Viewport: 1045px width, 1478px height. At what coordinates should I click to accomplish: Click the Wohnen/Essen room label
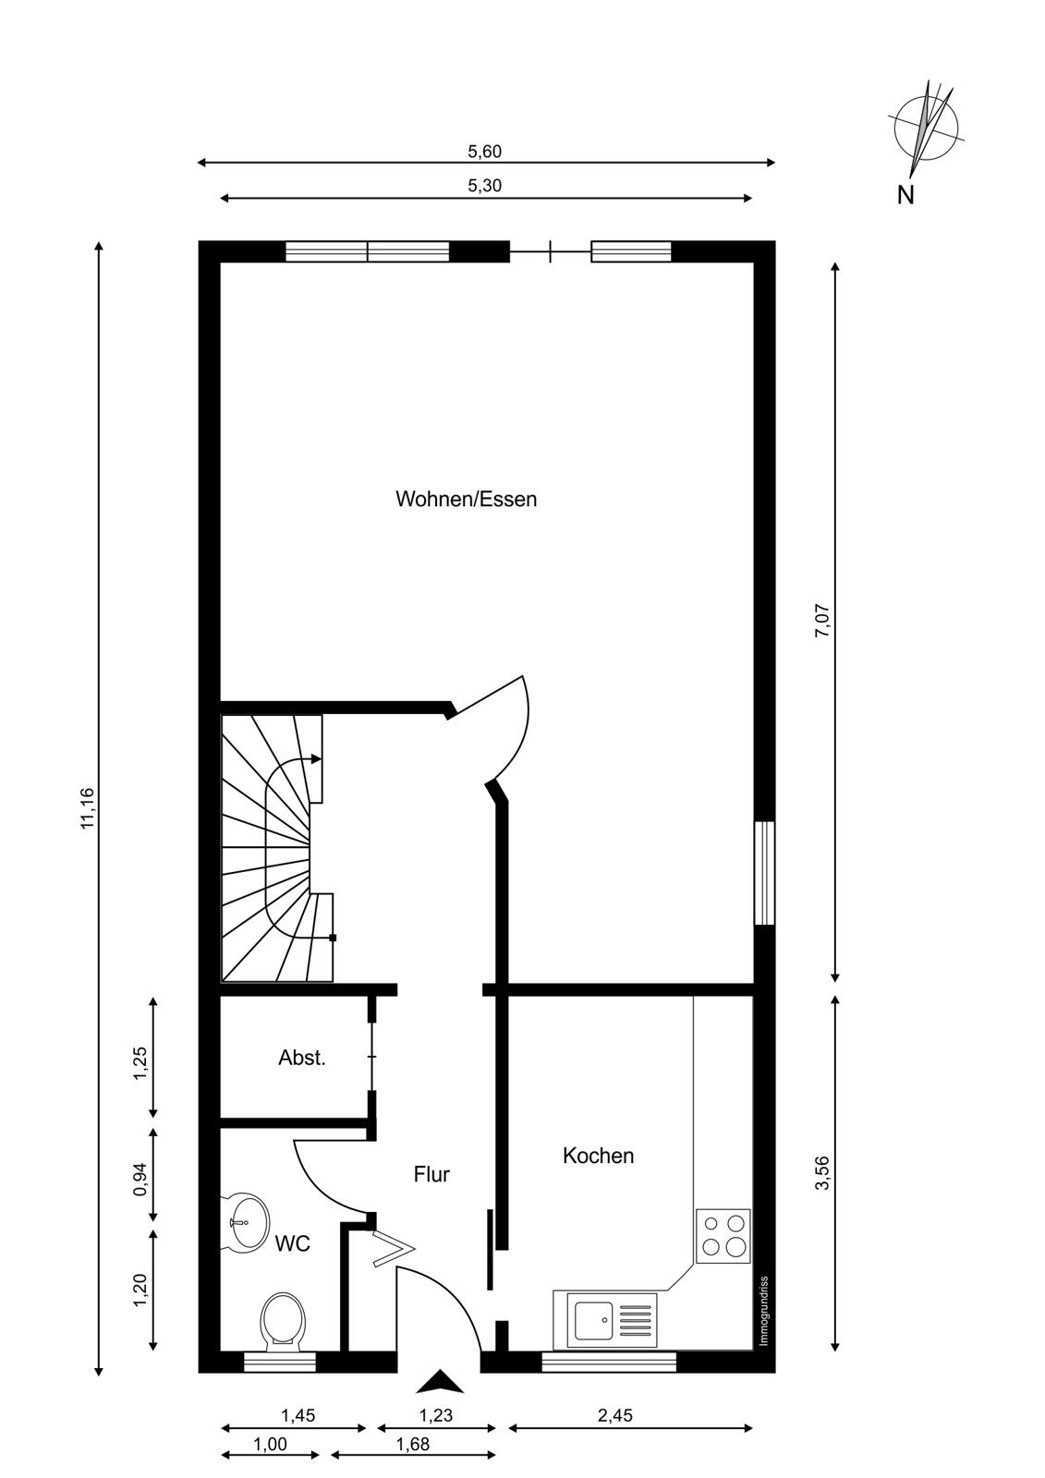[x=466, y=499]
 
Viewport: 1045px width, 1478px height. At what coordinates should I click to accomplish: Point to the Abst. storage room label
[x=302, y=1058]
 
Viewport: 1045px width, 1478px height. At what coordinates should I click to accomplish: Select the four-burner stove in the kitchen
[x=723, y=1236]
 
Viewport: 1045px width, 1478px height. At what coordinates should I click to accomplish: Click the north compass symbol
[x=927, y=128]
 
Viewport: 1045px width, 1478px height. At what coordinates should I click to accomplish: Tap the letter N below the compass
[x=905, y=195]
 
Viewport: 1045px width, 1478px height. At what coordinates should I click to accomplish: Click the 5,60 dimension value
[x=484, y=151]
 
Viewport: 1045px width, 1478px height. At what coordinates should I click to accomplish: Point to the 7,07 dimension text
[x=823, y=620]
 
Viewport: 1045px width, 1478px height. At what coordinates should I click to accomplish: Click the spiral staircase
[x=277, y=848]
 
